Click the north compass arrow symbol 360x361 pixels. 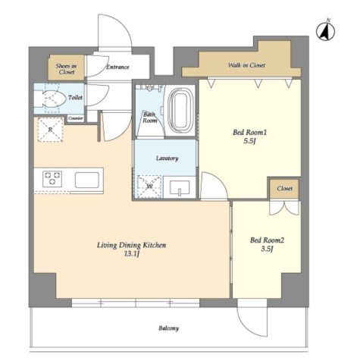tap(326, 31)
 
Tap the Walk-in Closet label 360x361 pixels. tap(246, 65)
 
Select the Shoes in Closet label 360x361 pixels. tap(67, 69)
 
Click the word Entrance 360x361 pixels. tap(117, 67)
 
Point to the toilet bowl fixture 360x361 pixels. tap(51, 98)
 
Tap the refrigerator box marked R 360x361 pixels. tap(51, 130)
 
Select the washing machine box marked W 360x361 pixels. tap(149, 187)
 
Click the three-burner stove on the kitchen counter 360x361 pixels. tap(52, 178)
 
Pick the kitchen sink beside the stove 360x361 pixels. tap(87, 180)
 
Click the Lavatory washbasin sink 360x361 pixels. tap(180, 187)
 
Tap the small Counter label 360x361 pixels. tap(76, 118)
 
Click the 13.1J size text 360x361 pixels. tap(132, 254)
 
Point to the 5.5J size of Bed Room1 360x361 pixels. tap(250, 141)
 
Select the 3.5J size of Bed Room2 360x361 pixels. tap(268, 249)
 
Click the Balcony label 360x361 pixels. tap(169, 328)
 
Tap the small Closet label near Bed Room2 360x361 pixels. tap(285, 188)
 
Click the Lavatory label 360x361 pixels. tap(167, 159)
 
